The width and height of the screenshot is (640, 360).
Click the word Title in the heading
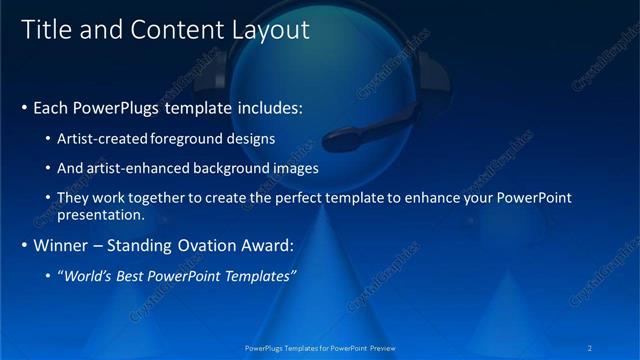(44, 30)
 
